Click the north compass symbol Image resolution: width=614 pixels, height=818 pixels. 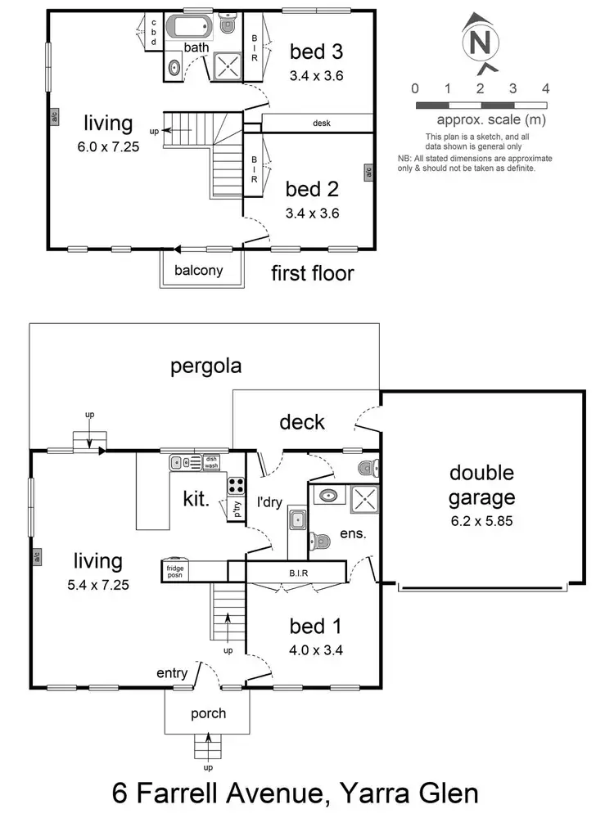[x=481, y=42]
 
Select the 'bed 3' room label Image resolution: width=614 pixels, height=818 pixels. [x=315, y=52]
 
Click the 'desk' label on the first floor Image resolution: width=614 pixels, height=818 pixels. [x=322, y=124]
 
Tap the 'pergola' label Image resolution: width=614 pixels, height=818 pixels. [x=205, y=366]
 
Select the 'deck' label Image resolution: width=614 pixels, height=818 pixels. [x=302, y=422]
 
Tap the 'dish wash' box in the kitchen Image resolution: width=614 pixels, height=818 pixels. [x=212, y=462]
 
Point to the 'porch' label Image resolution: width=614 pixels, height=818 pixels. [x=208, y=712]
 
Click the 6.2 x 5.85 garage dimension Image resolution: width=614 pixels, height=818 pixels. [x=481, y=520]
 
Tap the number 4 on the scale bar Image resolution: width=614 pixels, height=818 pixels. [x=545, y=88]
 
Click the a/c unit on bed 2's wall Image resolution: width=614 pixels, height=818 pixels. [x=368, y=172]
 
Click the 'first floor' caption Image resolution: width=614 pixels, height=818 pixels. [x=312, y=272]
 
